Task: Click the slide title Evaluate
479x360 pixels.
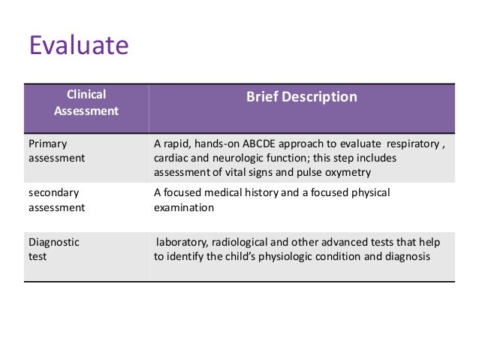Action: tap(79, 46)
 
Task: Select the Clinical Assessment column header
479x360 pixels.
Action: tap(86, 103)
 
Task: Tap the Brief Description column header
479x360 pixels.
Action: tap(302, 97)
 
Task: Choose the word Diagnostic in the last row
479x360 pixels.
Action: tap(54, 242)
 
